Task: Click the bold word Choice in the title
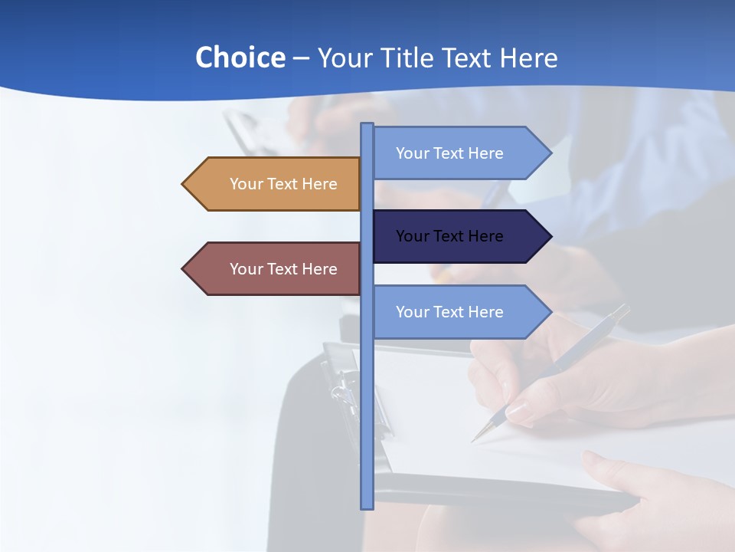[240, 58]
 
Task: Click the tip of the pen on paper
[474, 440]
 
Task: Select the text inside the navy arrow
[449, 236]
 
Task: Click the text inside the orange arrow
[283, 184]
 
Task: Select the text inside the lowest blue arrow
[449, 312]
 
